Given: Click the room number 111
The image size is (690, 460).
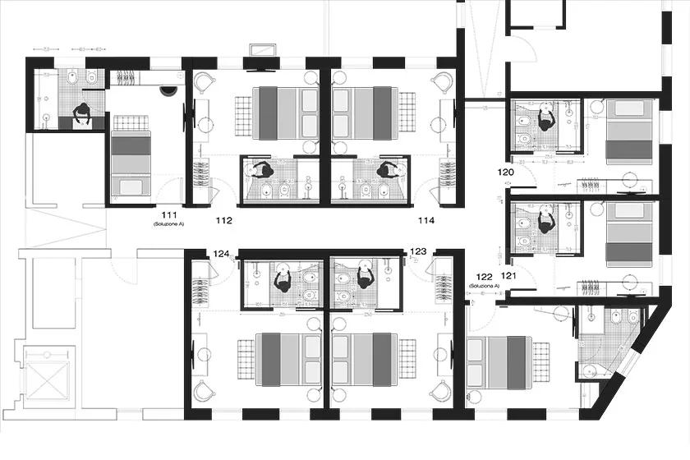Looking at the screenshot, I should click(170, 214).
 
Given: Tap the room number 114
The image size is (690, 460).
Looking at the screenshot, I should click(425, 220).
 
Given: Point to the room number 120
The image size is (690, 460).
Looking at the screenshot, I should click(505, 172).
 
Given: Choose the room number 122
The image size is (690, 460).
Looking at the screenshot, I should click(484, 277).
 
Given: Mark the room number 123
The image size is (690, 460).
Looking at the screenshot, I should click(418, 251).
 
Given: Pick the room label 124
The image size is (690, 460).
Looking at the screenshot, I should click(222, 254).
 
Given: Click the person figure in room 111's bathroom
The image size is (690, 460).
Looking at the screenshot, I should click(82, 116).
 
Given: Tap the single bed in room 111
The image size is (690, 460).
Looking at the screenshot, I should click(131, 156).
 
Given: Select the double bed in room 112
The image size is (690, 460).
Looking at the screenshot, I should click(285, 112).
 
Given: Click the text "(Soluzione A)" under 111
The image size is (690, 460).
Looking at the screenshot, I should click(170, 223).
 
